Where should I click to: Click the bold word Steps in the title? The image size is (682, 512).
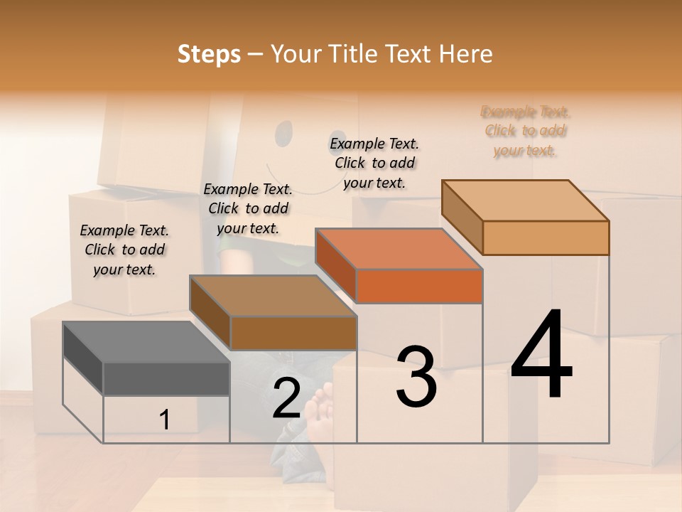(x=208, y=54)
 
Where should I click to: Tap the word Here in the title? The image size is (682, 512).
(x=465, y=54)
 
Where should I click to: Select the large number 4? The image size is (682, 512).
(x=541, y=356)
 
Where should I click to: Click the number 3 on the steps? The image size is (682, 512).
(x=416, y=377)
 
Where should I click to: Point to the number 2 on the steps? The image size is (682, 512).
(x=286, y=398)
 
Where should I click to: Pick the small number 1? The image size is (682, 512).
(x=165, y=420)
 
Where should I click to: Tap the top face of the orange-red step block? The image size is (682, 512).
(x=399, y=249)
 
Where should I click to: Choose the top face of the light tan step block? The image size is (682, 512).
(x=526, y=200)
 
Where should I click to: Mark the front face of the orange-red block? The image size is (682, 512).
(x=419, y=286)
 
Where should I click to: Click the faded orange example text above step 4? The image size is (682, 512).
(x=525, y=131)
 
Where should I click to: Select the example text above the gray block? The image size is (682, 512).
(x=124, y=250)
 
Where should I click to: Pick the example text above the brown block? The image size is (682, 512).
(x=248, y=208)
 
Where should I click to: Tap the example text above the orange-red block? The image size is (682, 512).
(x=374, y=163)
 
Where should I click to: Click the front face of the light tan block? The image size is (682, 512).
(x=546, y=238)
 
